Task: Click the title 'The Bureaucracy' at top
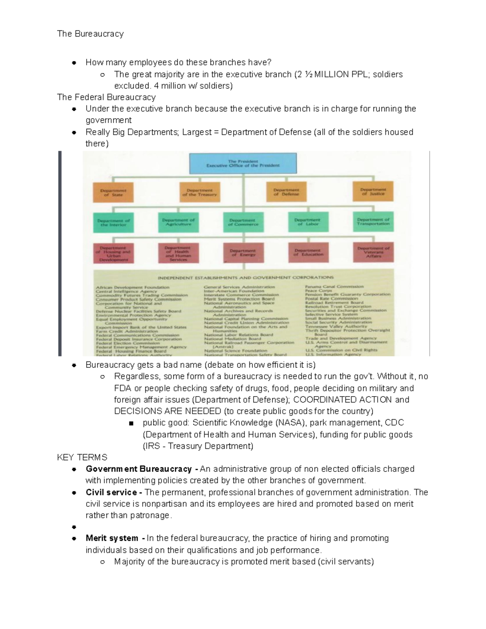(90, 34)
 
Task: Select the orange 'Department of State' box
(113, 192)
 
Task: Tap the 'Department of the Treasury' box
(199, 192)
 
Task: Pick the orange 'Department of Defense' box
(286, 192)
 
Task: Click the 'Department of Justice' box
(373, 192)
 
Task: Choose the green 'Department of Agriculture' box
(178, 222)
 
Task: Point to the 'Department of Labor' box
(308, 222)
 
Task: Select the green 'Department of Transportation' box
(373, 222)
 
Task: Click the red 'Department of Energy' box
(243, 253)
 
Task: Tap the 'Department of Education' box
(308, 253)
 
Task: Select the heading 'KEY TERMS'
(82, 457)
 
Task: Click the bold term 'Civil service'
(111, 493)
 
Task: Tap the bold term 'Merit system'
(112, 538)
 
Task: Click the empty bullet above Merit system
(74, 527)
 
